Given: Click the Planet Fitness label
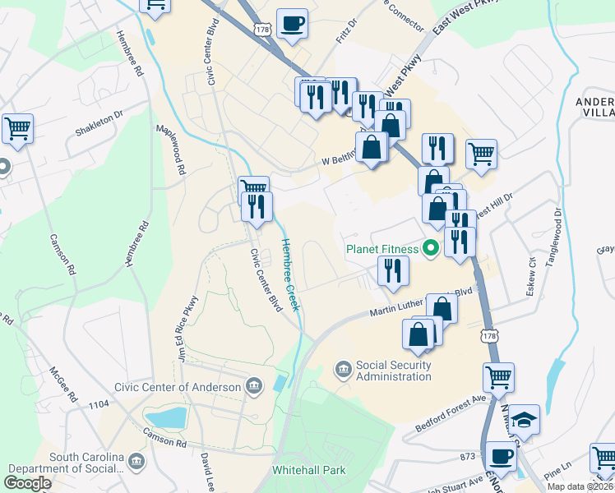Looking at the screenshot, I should [382, 248].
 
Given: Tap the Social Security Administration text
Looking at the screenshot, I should [393, 371].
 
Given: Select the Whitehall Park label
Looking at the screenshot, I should [308, 471].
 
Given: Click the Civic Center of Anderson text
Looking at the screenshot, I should [178, 387].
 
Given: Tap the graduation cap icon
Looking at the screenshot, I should [524, 421].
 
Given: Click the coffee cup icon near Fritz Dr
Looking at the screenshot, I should [292, 24].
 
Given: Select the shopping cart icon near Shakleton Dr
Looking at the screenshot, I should [17, 127].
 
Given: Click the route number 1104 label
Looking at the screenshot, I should [99, 404].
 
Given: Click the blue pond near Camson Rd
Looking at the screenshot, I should [167, 417].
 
